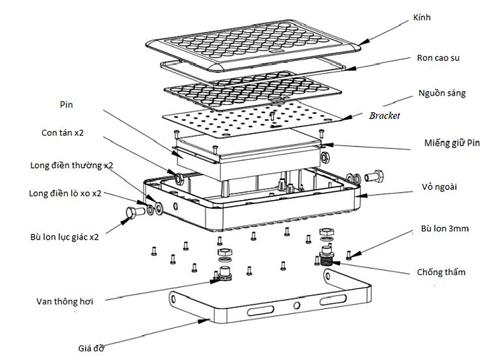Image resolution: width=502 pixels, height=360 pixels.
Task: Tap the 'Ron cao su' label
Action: pos(438,58)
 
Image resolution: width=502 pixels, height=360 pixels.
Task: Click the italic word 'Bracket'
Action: pos(384,116)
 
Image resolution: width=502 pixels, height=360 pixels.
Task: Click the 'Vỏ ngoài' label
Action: pos(439,186)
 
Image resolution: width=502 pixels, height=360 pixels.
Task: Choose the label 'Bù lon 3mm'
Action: pos(444,229)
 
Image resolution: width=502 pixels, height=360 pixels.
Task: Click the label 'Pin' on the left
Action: pos(66,105)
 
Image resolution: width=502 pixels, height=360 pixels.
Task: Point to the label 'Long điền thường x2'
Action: pos(72,165)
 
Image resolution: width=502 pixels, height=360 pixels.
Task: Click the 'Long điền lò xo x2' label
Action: pos(66,193)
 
